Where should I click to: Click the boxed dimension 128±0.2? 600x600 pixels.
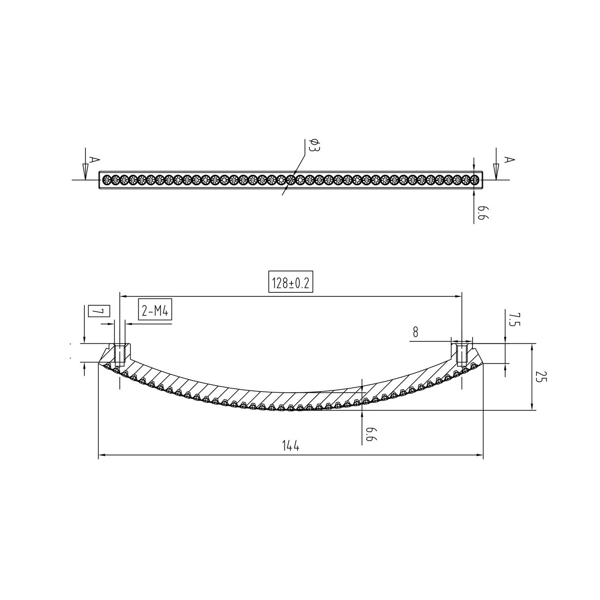290,283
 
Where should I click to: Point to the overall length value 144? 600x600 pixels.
290,446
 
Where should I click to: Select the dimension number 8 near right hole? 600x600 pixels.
416,332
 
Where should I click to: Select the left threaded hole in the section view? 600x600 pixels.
120,354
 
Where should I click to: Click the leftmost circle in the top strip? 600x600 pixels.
107,180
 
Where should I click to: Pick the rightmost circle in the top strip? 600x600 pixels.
475,180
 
